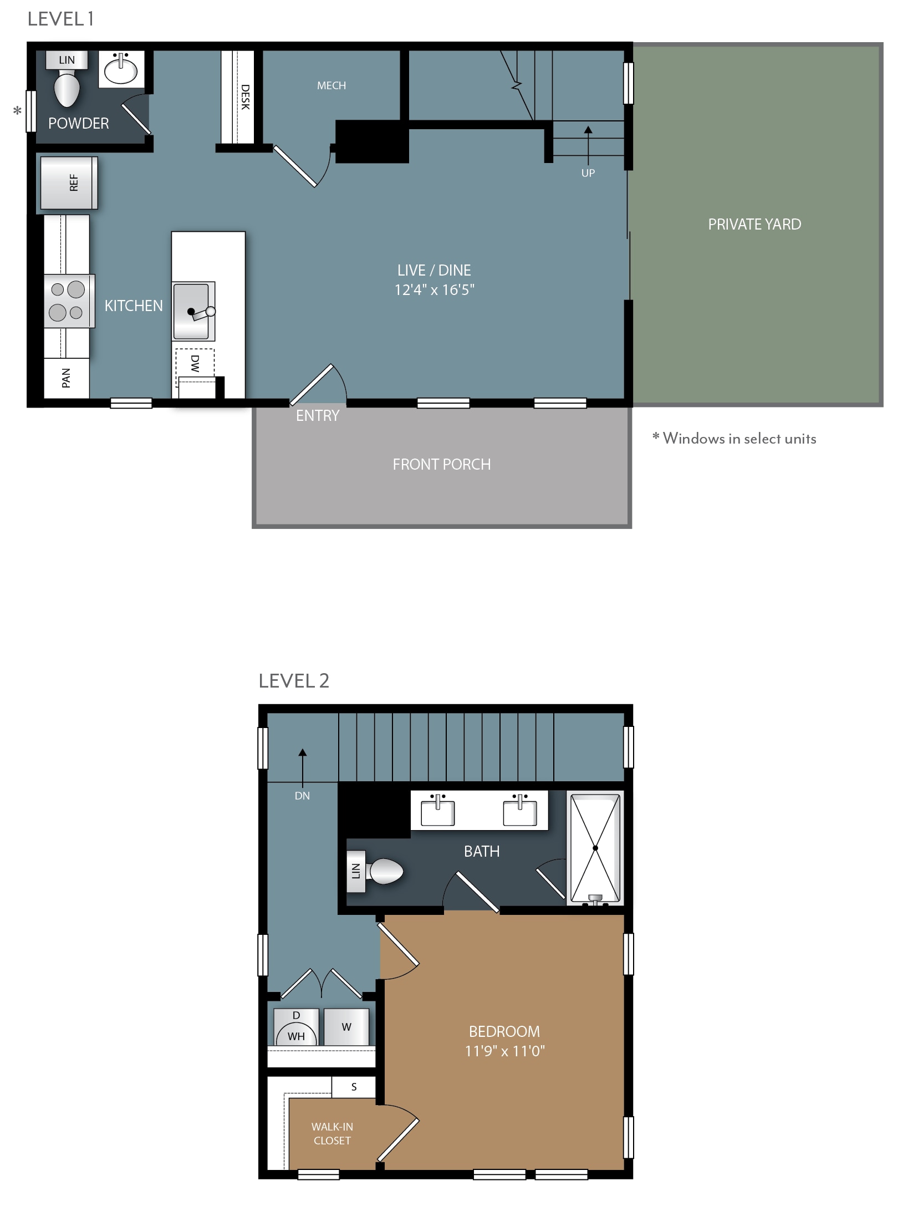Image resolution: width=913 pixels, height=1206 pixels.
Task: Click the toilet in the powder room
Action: [67, 89]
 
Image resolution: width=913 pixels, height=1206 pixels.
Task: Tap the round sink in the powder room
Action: [121, 70]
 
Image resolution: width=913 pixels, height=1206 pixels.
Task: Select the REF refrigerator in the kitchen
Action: [69, 182]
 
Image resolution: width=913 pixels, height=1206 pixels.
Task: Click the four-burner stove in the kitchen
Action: [69, 301]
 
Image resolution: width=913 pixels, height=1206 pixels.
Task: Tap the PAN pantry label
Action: [66, 378]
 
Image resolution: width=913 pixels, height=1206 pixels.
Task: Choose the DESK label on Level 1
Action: [246, 97]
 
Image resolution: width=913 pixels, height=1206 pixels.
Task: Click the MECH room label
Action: [331, 85]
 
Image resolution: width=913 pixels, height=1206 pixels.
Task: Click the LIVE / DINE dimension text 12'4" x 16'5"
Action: [435, 290]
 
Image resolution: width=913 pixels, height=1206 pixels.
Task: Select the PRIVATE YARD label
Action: [754, 224]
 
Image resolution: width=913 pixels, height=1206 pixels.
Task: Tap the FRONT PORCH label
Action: [442, 464]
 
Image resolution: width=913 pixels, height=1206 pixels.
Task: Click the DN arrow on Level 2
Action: [303, 769]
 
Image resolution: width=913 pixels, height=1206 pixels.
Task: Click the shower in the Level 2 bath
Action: [595, 848]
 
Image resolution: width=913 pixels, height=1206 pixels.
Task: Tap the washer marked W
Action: [346, 1027]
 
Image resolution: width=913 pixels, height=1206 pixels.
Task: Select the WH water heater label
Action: [296, 1036]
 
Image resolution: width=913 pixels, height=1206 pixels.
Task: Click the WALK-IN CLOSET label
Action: [332, 1133]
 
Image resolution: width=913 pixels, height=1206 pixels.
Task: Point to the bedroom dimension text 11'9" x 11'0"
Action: [505, 1051]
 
